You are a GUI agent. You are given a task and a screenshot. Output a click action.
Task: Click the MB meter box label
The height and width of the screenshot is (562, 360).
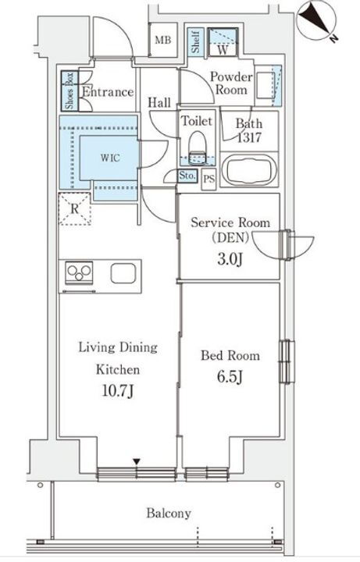[162, 40]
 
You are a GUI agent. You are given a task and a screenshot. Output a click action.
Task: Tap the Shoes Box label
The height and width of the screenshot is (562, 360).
[70, 91]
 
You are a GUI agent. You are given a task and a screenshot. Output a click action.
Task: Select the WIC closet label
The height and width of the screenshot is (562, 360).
[110, 158]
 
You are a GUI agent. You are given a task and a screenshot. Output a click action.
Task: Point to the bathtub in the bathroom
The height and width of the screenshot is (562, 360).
[248, 170]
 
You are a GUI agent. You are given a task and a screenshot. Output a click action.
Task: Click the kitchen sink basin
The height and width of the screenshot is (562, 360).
[123, 274]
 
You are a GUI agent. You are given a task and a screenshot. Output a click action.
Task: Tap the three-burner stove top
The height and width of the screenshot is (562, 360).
[79, 273]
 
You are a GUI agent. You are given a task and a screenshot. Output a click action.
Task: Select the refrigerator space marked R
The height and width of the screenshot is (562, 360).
[75, 209]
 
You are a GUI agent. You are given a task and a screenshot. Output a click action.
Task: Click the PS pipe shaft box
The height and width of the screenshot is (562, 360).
[209, 179]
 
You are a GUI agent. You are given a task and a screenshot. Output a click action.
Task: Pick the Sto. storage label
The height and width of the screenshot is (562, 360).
[187, 176]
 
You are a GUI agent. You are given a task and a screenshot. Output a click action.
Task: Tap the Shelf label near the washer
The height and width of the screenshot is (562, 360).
[195, 42]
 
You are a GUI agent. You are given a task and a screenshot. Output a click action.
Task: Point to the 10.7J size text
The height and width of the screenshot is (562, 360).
[118, 391]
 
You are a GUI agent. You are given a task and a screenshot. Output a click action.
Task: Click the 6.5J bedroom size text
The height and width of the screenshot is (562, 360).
[230, 377]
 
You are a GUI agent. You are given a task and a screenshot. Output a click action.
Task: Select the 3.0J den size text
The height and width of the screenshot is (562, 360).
[230, 259]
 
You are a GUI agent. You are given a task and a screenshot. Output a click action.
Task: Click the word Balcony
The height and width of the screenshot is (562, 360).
[169, 514]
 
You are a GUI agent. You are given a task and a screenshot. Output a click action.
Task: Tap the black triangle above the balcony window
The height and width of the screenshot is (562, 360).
[136, 461]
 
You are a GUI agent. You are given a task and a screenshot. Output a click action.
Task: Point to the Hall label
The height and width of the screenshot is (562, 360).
[159, 103]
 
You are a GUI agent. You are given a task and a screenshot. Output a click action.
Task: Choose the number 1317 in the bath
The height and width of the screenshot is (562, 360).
[249, 137]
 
